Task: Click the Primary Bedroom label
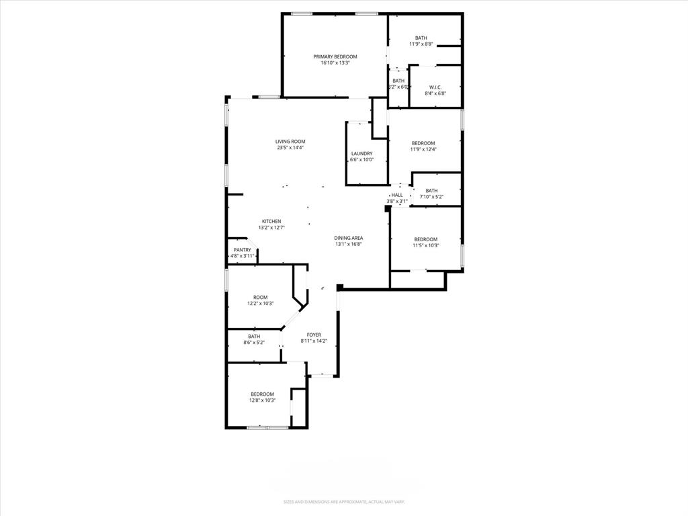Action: point(335,56)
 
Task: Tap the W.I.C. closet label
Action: point(435,87)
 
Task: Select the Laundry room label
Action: point(361,154)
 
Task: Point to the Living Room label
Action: point(290,141)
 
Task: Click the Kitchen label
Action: point(271,221)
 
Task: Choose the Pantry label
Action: point(243,250)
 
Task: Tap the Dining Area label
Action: point(349,238)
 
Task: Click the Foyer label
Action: point(314,335)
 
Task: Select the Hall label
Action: point(397,195)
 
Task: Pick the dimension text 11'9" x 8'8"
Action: point(421,44)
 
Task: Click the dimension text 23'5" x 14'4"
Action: point(290,148)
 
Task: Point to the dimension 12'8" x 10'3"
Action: point(262,400)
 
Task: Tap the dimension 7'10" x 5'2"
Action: point(431,197)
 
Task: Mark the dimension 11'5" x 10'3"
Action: point(425,246)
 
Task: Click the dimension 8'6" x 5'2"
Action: point(254,343)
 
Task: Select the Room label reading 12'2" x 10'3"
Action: point(260,297)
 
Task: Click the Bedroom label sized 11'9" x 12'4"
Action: point(423,143)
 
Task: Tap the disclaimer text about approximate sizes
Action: point(343,502)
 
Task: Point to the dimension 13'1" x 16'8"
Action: point(349,245)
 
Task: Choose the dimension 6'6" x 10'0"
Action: point(361,160)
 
